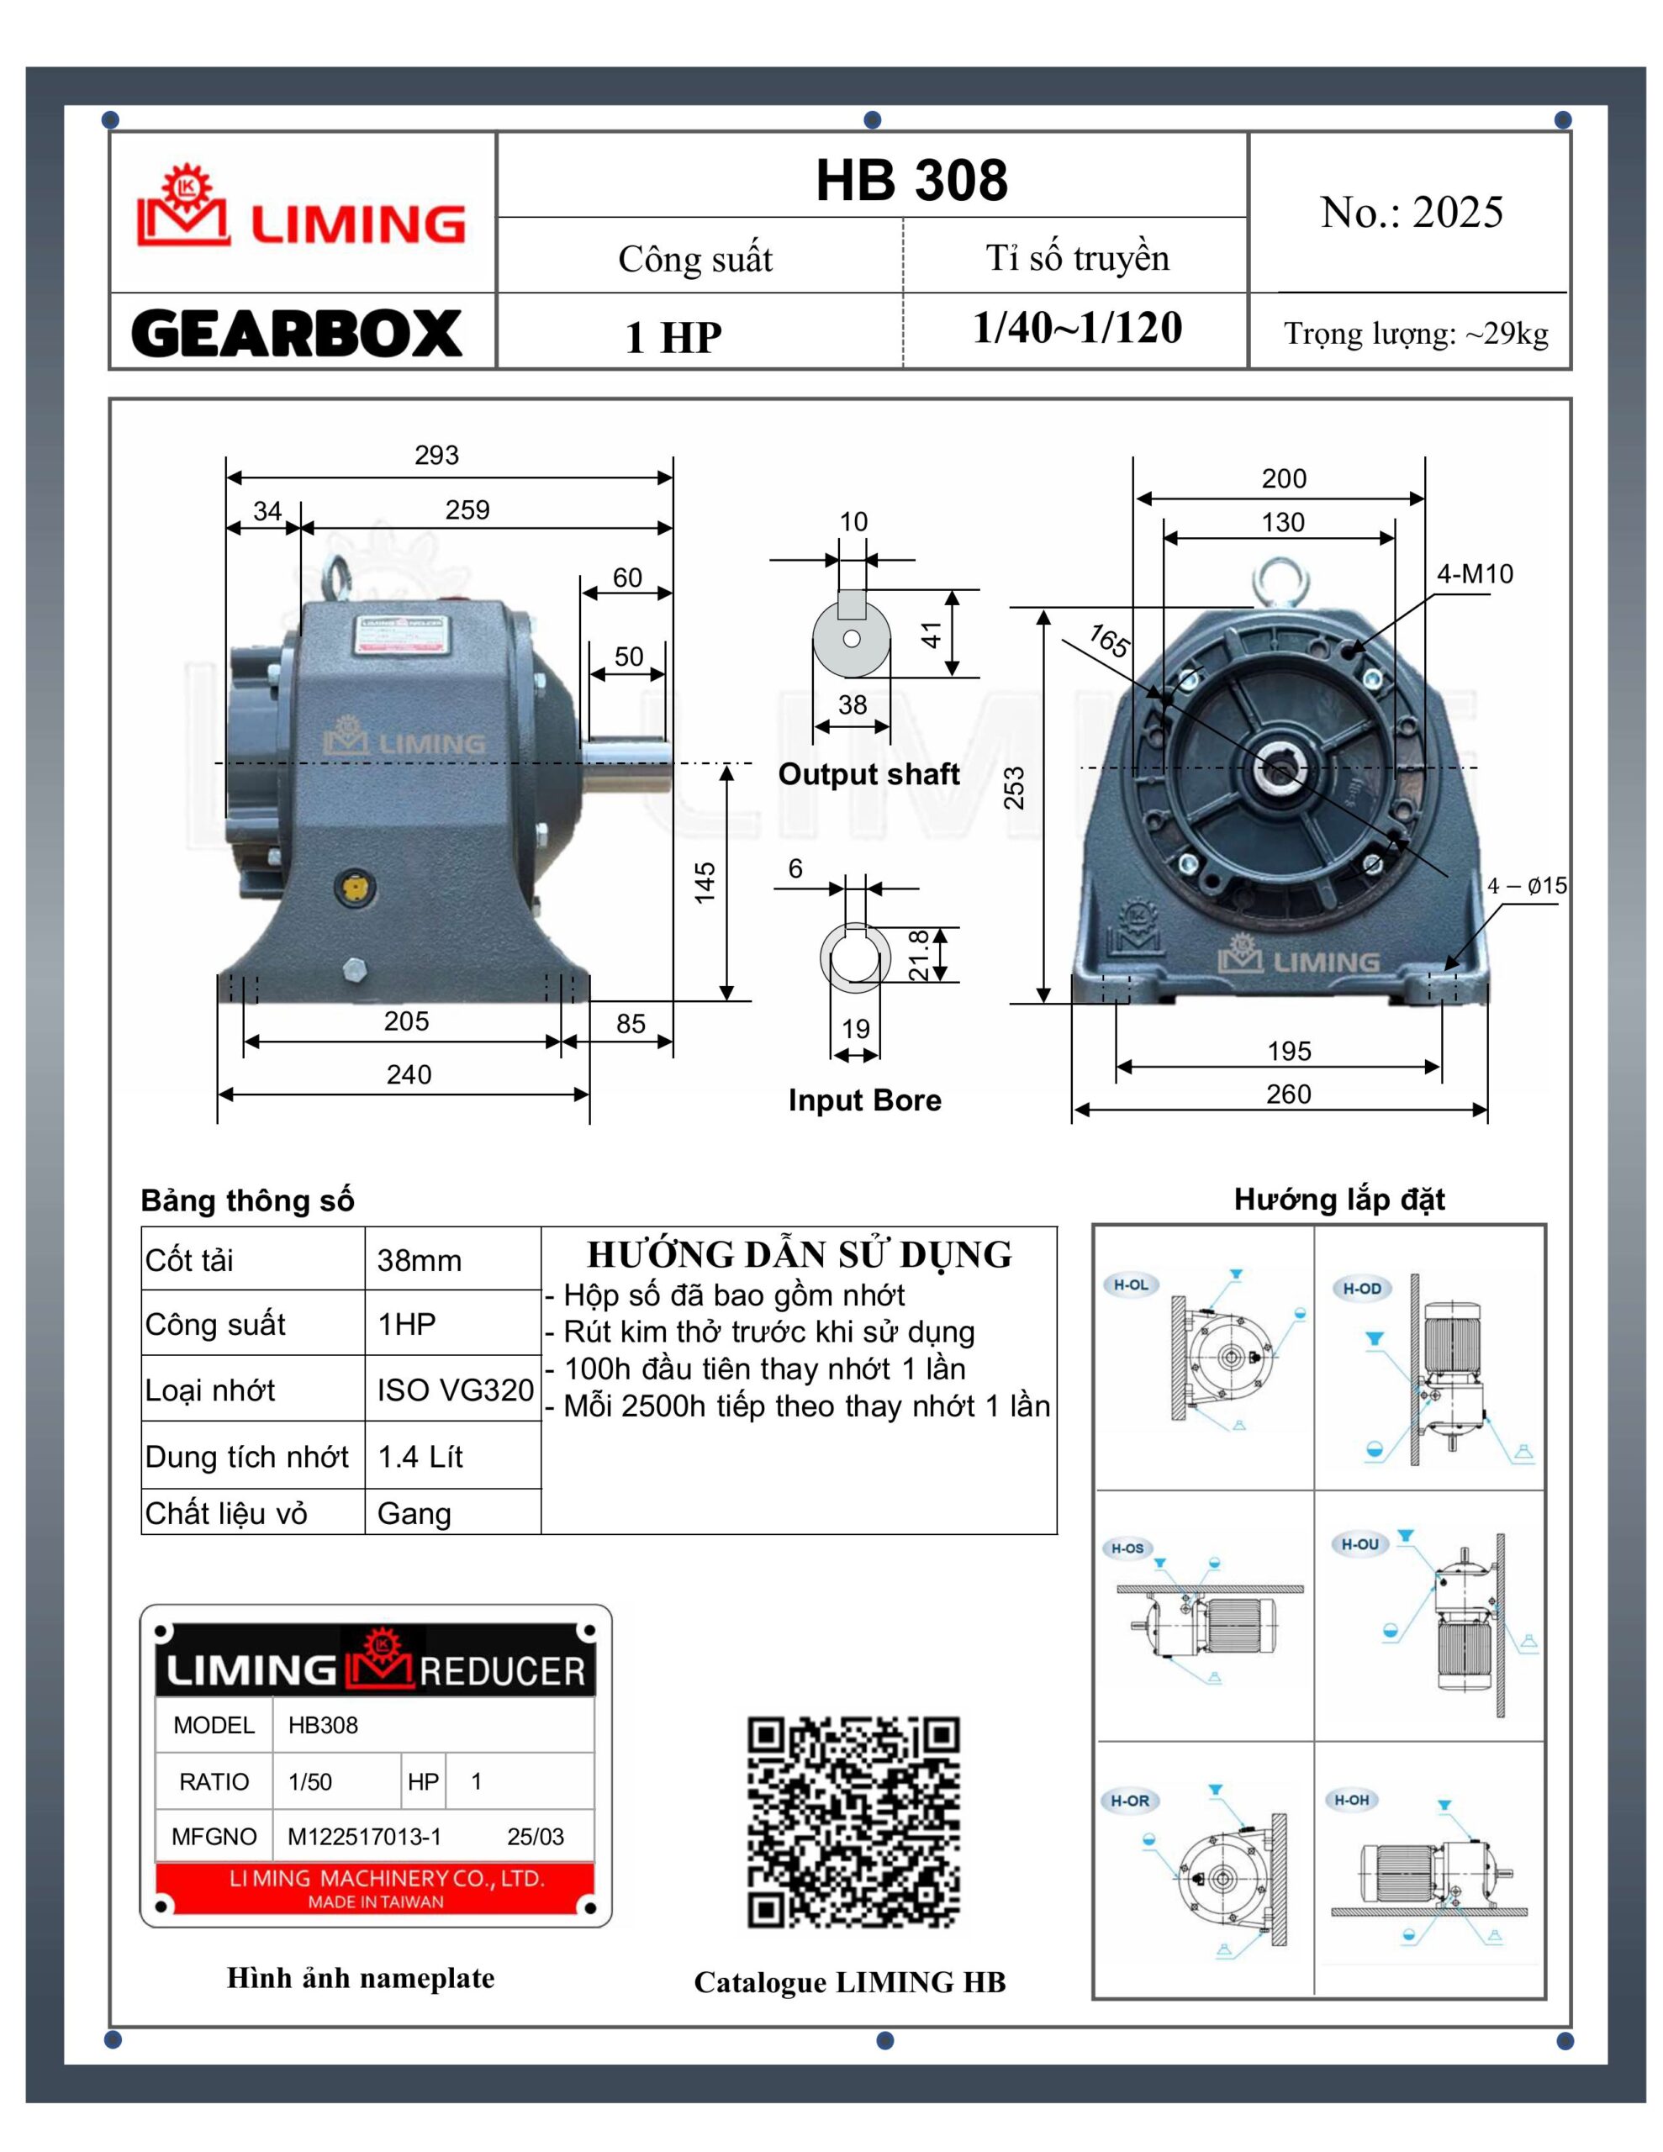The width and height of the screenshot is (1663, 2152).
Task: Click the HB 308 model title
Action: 911,181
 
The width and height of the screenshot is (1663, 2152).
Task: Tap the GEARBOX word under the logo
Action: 297,334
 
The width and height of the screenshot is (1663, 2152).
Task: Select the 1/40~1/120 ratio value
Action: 1076,328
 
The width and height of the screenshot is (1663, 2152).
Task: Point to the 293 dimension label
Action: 436,456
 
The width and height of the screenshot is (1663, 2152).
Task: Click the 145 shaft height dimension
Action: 704,882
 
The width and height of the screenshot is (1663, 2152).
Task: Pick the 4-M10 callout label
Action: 1474,573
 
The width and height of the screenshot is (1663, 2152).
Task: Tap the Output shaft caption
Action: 868,774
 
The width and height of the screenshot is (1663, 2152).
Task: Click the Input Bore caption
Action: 864,1100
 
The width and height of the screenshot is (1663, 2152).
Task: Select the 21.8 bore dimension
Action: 919,955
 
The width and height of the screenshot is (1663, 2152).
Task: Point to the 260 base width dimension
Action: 1287,1094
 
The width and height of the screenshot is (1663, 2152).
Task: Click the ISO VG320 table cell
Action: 455,1390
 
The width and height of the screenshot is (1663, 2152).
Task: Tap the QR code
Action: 853,1822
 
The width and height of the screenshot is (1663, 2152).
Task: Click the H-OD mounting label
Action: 1361,1288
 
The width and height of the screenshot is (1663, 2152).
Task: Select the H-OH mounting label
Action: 1351,1801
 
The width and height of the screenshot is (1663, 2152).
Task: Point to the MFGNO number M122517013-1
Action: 364,1837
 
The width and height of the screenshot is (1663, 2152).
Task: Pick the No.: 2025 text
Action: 1411,213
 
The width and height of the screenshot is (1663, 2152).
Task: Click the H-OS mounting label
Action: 1127,1548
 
